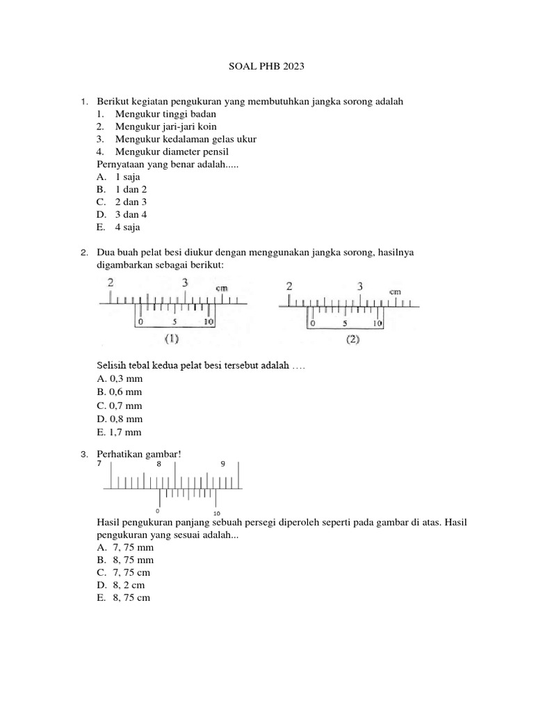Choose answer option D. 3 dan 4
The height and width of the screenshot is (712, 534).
[122, 215]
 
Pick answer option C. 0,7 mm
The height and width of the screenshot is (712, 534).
[120, 405]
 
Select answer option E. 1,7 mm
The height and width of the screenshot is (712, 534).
[120, 432]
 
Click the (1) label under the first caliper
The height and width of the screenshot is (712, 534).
[171, 339]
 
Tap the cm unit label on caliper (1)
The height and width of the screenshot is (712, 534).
[222, 289]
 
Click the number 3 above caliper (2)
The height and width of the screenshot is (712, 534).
[359, 286]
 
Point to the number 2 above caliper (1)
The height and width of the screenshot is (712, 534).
[111, 282]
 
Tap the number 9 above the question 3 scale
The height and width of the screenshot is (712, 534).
[223, 464]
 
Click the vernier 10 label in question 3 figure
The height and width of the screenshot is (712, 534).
[217, 514]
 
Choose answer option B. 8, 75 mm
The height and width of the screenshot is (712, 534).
[125, 560]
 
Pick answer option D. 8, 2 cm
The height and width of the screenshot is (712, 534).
[121, 585]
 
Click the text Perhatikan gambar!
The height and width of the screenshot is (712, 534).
[138, 454]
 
